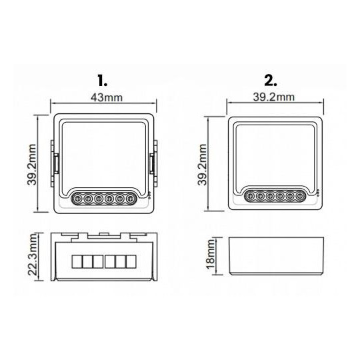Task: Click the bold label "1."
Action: (102, 81)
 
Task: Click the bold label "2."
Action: (270, 81)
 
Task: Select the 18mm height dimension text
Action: (211, 257)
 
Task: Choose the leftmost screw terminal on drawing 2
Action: (249, 196)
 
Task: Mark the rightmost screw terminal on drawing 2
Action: (299, 196)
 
